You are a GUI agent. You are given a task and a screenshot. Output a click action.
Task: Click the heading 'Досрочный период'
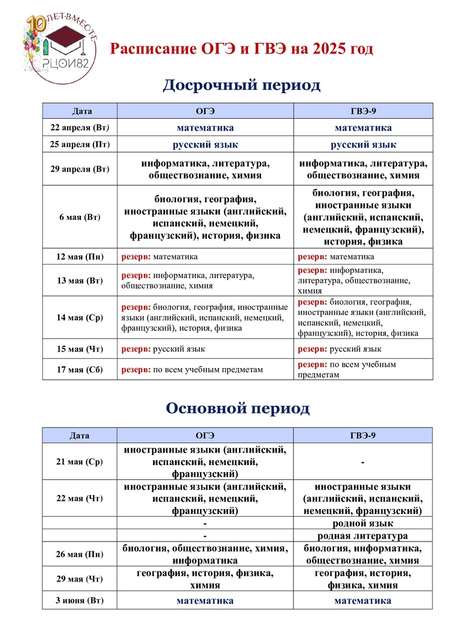(242, 85)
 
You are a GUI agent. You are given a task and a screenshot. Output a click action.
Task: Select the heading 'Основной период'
(237, 408)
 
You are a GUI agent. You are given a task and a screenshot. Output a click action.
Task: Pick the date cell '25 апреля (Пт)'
(80, 145)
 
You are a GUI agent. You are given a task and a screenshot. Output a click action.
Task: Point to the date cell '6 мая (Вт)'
(80, 218)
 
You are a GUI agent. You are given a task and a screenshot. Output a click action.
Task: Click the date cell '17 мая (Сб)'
(80, 369)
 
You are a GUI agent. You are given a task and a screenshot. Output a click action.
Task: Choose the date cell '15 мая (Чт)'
(80, 349)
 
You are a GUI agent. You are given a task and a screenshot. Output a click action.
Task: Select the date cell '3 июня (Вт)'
(80, 601)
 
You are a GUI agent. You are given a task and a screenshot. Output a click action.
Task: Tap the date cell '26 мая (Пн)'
(80, 554)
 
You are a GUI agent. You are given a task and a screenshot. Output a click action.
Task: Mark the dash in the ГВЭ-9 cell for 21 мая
(363, 462)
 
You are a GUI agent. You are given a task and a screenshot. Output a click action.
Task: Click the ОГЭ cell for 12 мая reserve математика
(205, 257)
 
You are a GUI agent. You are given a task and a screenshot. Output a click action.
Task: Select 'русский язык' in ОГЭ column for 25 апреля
(205, 145)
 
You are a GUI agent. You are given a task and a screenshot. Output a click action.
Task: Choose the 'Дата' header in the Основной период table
(80, 436)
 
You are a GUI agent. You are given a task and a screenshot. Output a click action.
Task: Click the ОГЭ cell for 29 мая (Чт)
(205, 579)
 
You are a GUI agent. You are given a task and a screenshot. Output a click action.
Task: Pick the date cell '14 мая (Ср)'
(80, 317)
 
